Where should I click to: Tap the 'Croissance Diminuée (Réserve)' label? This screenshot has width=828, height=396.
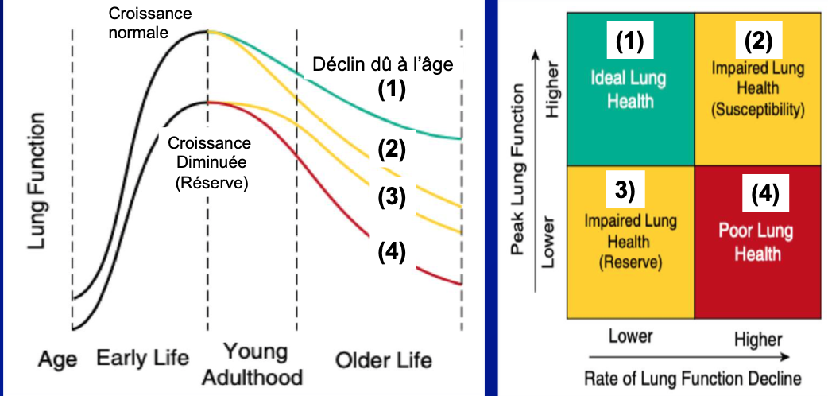[210, 161]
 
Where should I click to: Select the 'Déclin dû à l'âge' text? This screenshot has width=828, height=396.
[383, 65]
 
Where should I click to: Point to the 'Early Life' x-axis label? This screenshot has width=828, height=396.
[143, 359]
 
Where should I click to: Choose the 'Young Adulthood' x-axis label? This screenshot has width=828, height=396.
[252, 363]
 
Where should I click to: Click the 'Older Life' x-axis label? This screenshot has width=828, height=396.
[383, 359]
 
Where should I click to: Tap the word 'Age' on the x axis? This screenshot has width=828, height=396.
[57, 359]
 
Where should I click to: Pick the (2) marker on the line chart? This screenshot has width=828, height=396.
[391, 149]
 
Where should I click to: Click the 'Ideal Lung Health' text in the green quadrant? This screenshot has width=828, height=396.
[628, 89]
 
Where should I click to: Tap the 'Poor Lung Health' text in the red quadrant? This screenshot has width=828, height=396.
[756, 243]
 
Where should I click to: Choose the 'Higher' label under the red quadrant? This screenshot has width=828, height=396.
[758, 339]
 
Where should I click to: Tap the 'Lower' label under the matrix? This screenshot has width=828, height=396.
[630, 336]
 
